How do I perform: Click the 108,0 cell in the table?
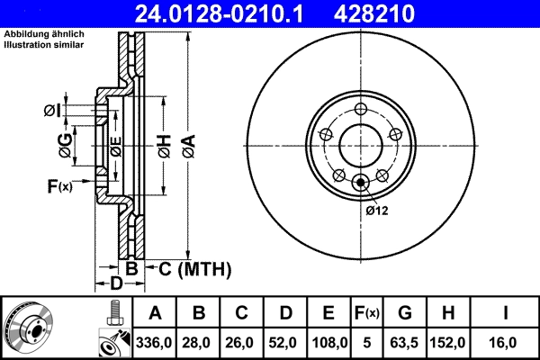pyautogui.click(x=328, y=342)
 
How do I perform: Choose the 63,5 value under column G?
pyautogui.click(x=405, y=342)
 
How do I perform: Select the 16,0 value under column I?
pyautogui.click(x=507, y=342)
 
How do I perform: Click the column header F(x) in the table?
pyautogui.click(x=366, y=314)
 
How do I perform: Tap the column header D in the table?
pyautogui.click(x=285, y=314)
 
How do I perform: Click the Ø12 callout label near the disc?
pyautogui.click(x=376, y=211)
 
